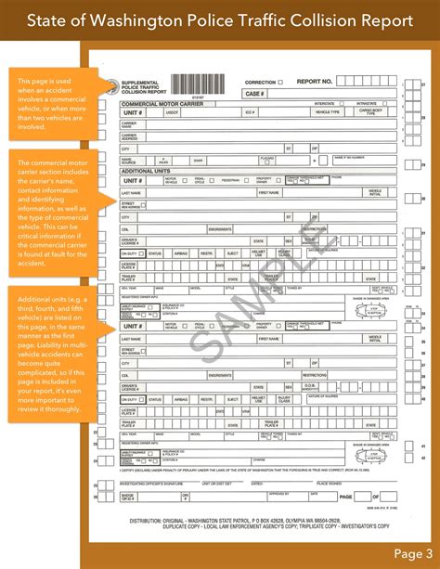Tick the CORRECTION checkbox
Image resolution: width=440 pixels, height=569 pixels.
tap(280, 83)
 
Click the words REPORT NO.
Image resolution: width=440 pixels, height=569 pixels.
tap(315, 82)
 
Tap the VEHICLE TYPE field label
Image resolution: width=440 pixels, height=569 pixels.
tap(327, 112)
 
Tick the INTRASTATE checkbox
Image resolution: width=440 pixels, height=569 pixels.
tap(378, 104)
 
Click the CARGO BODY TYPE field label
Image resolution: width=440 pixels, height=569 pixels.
tap(369, 112)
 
